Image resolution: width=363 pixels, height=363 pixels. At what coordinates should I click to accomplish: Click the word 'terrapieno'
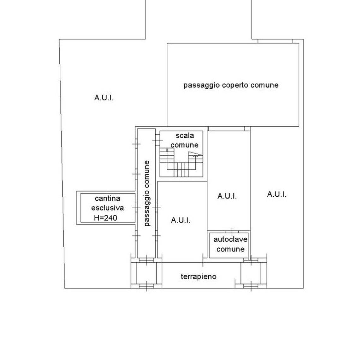199,277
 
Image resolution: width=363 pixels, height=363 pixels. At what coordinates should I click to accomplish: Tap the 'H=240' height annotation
105,217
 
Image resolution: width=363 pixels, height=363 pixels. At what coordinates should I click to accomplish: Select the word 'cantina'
108,199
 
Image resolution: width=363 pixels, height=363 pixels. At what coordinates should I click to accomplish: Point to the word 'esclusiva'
107,208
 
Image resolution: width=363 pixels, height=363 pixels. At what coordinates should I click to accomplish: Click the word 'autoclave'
230,239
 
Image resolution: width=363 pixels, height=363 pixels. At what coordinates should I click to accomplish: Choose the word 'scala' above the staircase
185,135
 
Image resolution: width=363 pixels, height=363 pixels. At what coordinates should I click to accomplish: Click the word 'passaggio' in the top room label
201,85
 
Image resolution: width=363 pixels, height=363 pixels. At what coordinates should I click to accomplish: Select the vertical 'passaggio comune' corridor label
147,193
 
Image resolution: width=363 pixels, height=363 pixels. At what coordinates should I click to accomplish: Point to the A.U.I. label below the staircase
181,220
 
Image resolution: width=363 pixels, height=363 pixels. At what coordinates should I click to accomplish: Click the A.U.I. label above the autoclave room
227,196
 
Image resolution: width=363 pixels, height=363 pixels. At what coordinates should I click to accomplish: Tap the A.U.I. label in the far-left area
104,98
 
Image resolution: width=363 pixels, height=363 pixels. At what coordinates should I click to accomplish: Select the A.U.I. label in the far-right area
277,194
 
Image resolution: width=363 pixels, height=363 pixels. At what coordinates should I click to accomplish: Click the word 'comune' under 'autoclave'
230,249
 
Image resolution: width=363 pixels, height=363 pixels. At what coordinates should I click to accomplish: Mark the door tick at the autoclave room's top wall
232,231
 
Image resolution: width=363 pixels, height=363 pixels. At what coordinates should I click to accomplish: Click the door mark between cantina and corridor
136,207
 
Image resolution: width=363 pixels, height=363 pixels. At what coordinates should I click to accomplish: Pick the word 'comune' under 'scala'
185,145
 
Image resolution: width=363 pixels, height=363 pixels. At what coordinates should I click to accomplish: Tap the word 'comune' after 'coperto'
265,85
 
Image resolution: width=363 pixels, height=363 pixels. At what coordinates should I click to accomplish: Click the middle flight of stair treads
181,170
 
